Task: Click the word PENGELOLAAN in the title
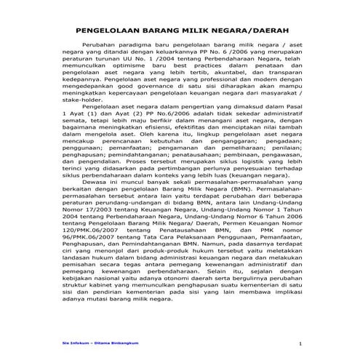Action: (111, 31)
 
